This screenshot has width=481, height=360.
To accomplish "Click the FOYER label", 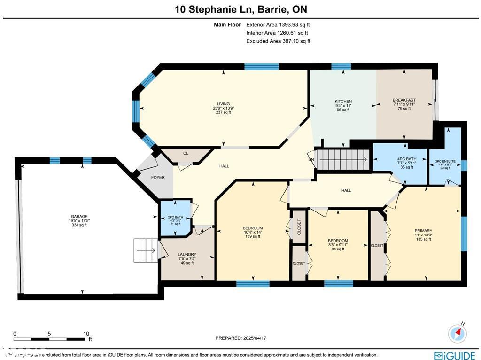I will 158,177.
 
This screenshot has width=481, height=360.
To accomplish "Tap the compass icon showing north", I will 458,333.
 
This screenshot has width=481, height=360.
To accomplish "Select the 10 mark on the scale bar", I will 86,333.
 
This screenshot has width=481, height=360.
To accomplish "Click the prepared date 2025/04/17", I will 240,338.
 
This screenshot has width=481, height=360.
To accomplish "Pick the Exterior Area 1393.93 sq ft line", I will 278,24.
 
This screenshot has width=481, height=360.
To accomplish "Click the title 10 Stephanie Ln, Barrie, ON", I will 240,9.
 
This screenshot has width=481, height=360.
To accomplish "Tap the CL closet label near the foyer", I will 186,153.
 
